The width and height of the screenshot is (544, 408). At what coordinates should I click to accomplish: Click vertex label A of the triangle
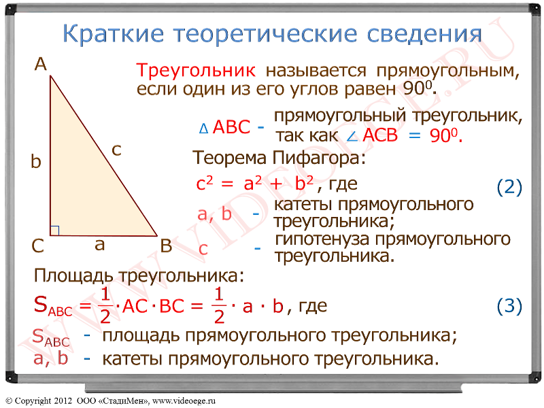(x=41, y=65)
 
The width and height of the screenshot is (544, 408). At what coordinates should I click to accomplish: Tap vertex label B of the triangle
(x=166, y=246)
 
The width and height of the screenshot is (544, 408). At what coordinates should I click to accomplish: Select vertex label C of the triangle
(x=37, y=246)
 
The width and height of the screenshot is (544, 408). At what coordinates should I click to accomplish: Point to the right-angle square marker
(x=55, y=231)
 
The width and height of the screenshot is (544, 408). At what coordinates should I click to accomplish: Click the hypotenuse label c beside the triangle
(x=116, y=150)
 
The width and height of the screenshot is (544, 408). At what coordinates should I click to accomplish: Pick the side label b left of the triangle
(x=36, y=161)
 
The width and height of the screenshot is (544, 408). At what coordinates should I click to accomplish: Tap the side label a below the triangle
(x=99, y=245)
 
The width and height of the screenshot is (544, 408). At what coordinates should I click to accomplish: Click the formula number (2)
(x=509, y=188)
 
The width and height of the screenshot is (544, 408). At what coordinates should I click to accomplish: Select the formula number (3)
(x=509, y=306)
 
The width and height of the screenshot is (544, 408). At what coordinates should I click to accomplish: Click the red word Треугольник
(x=196, y=71)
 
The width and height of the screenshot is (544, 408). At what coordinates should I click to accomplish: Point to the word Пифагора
(x=318, y=158)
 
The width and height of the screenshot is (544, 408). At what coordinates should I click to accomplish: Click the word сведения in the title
(x=424, y=35)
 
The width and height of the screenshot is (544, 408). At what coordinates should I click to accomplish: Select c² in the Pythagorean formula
(x=205, y=183)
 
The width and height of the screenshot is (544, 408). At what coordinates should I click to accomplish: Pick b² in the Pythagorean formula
(x=304, y=183)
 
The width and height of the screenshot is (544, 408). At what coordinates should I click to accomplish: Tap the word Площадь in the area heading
(x=73, y=276)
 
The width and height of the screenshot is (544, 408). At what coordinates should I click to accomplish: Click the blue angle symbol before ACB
(x=352, y=137)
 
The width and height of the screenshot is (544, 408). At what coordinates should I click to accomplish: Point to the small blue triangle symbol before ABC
(x=203, y=129)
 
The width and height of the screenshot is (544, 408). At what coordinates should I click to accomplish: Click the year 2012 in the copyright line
(x=63, y=401)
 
